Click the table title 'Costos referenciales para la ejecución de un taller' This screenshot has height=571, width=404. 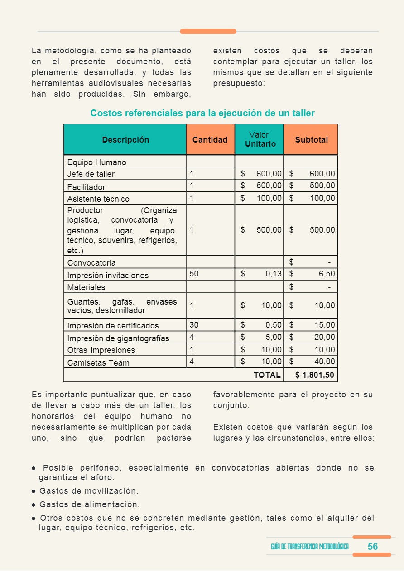[202, 113]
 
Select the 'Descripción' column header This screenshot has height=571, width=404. [125, 140]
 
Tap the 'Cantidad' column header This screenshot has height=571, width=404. [210, 140]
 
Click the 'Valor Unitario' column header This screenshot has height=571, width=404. [259, 139]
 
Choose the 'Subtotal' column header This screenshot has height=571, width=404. [311, 140]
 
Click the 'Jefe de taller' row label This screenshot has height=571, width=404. [91, 174]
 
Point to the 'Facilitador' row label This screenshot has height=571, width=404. [86, 187]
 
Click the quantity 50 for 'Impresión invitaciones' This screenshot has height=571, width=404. [194, 274]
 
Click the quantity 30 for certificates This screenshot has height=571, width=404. [194, 325]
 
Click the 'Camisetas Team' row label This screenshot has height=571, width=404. [98, 362]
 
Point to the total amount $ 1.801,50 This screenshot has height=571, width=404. [315, 375]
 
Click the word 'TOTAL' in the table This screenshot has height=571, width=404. [267, 375]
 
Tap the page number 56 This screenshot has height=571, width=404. [372, 547]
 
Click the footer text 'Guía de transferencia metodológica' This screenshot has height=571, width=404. [310, 547]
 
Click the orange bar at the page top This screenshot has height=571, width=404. [208, 31]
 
